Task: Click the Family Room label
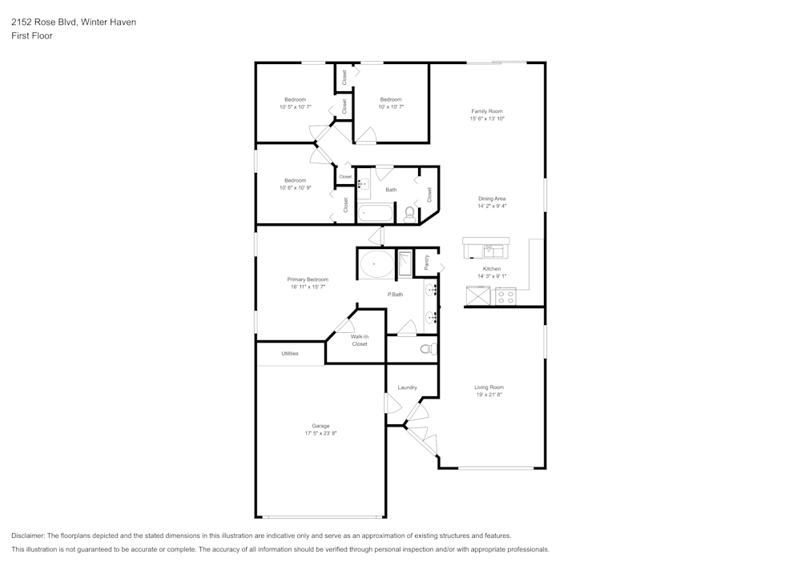click(487, 111)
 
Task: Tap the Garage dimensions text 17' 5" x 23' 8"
click(320, 433)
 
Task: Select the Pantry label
click(427, 261)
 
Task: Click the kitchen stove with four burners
click(505, 296)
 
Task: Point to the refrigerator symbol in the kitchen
click(479, 296)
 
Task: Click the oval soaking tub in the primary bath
click(376, 263)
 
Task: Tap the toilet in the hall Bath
click(410, 213)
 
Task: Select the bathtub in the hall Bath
click(375, 213)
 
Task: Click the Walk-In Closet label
click(360, 340)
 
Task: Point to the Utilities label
click(290, 353)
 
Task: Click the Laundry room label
click(407, 387)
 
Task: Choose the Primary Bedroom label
click(308, 279)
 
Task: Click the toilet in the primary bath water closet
click(428, 349)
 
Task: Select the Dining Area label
click(492, 199)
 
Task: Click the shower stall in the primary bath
click(405, 263)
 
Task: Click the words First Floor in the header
click(32, 36)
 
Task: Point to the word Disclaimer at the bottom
click(28, 536)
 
